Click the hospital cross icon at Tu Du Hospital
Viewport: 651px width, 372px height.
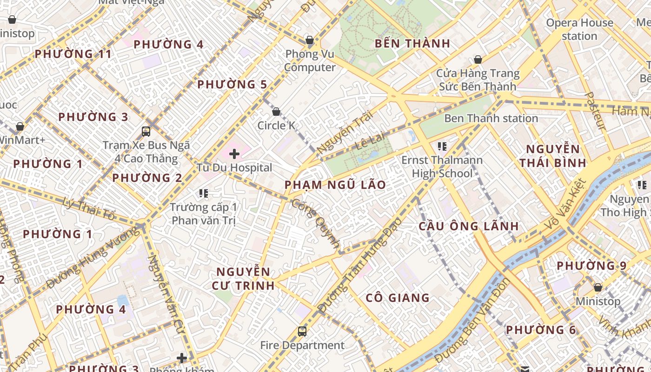[234, 153]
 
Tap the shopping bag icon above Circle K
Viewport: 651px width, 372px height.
[276, 112]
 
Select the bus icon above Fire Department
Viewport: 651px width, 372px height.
[302, 331]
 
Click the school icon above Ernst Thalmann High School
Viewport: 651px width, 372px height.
[442, 147]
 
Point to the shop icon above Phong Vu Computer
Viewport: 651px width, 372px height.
[309, 40]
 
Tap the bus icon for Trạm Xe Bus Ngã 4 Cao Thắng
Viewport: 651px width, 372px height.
[146, 132]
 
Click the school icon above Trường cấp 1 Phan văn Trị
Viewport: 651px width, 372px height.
[203, 193]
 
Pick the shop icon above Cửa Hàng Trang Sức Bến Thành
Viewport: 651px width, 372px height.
[478, 60]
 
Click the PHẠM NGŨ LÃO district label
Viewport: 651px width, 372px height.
[335, 185]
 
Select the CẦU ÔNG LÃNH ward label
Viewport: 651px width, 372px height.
[468, 226]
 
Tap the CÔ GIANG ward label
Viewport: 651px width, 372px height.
[398, 298]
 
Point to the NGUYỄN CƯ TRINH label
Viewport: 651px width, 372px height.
[243, 278]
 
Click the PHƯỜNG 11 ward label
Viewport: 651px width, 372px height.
[73, 54]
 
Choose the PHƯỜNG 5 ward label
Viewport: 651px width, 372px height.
[232, 85]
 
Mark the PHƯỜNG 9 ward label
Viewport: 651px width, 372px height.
[591, 266]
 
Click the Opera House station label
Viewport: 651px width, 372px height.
[579, 29]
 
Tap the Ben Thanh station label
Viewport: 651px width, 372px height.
[491, 119]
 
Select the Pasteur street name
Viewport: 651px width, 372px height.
[595, 111]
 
